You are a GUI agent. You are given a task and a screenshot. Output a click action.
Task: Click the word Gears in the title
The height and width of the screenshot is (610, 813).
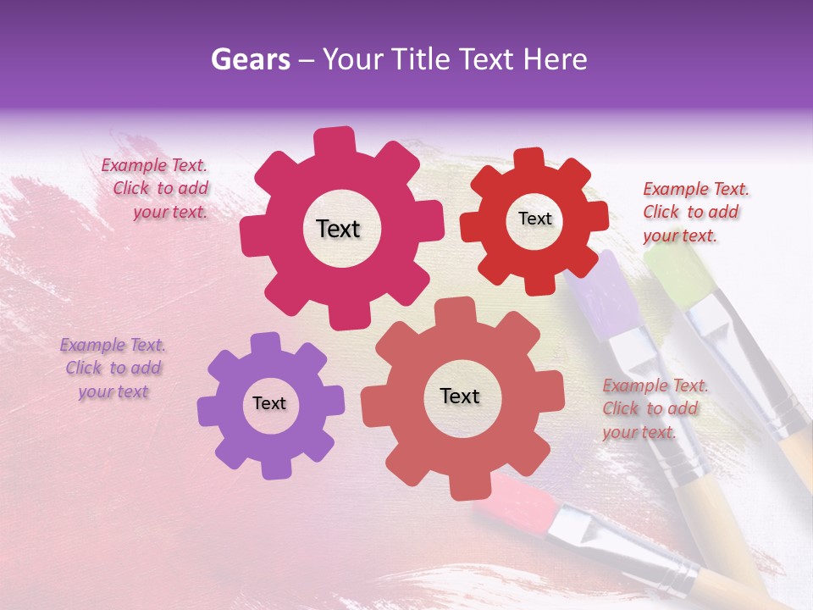tap(250, 59)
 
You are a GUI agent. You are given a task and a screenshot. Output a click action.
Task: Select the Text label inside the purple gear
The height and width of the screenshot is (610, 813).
tap(269, 403)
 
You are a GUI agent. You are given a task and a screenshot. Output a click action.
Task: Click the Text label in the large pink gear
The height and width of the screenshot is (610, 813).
tap(338, 229)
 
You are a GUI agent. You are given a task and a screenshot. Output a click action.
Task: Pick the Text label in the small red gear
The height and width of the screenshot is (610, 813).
tap(534, 219)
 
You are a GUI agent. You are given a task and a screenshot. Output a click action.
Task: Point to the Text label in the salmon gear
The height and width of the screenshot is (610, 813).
tap(460, 396)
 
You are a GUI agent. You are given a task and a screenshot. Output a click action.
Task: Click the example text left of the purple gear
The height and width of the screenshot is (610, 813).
tap(113, 369)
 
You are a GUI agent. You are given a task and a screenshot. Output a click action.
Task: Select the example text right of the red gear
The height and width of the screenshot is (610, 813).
tap(694, 212)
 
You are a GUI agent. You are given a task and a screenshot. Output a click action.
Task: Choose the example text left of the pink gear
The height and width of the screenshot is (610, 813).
tap(158, 189)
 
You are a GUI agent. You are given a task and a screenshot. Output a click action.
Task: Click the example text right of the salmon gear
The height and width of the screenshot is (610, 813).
tap(654, 409)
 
